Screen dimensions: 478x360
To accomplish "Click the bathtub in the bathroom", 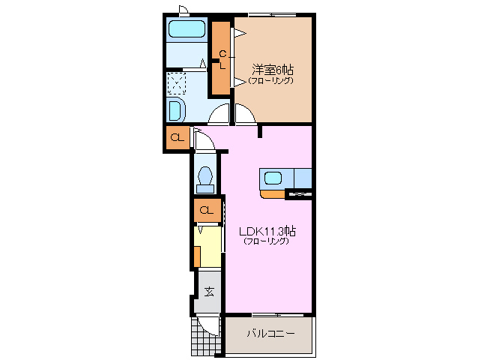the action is coord(187,29).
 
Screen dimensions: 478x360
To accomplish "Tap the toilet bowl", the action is coord(205,180).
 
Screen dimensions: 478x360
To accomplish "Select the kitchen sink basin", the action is coord(273,178).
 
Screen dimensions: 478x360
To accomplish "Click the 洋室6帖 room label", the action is coord(273,70).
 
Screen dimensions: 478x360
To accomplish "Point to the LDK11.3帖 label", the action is coord(267,232).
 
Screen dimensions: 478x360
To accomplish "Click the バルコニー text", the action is coord(270,333).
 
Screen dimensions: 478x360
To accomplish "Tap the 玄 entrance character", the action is coord(209,292).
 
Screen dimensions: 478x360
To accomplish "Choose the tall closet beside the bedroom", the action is coord(221,58).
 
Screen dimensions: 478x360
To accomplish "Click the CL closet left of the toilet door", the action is coord(178,137).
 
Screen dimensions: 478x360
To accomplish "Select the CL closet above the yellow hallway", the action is coord(208,210).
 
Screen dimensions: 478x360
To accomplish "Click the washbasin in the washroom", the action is coord(176,110).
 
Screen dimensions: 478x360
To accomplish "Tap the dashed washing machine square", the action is coord(177,83).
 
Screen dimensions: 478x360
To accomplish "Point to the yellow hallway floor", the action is coord(208,247).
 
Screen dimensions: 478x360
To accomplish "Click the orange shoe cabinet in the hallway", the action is coord(197,256).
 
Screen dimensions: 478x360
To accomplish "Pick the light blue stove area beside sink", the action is coord(303,178).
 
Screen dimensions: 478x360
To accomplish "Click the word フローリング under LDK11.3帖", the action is coord(266,241).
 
